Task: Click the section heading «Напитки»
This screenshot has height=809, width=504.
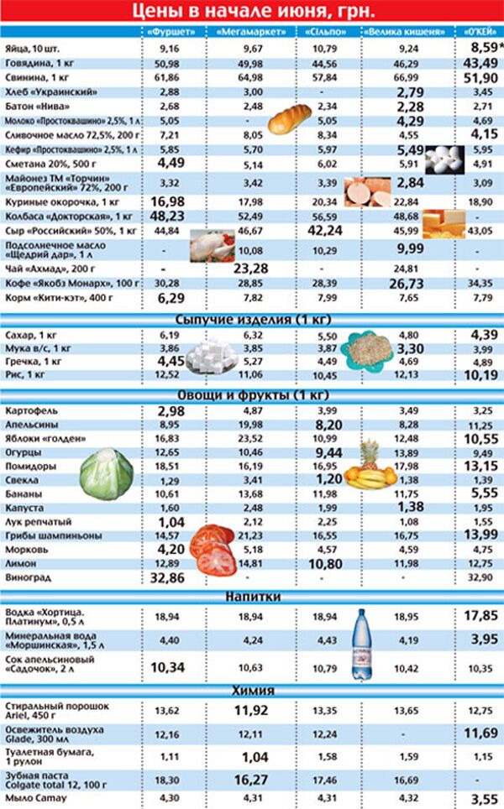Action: [x=252, y=596]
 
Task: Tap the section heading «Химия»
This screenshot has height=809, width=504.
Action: [x=252, y=690]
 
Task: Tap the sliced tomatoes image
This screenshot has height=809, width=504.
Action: [x=215, y=549]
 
